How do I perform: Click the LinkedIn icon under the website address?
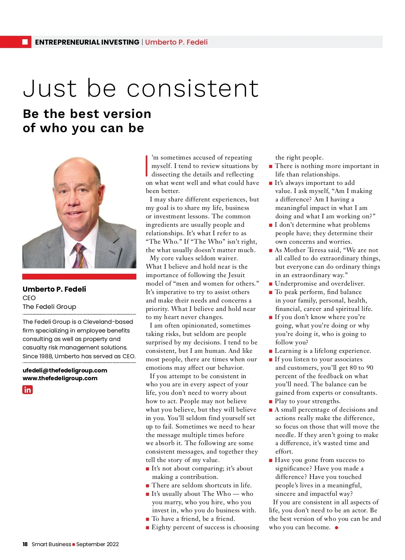[x=27, y=390]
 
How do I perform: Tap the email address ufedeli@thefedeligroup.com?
[x=65, y=370]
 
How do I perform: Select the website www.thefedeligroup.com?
[x=60, y=378]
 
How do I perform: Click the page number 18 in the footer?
[x=25, y=544]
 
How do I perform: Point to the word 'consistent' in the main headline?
[x=193, y=89]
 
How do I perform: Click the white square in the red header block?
[x=25, y=42]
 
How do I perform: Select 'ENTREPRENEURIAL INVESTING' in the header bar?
[x=87, y=42]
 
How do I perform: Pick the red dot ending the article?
[x=336, y=528]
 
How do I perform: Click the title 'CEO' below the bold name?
[x=29, y=298]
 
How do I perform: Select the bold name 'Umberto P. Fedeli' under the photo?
[x=54, y=289]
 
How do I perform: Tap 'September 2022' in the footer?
[x=98, y=544]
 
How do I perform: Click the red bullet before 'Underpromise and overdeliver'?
[x=271, y=284]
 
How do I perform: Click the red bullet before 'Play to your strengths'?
[x=271, y=401]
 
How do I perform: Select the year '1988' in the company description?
[x=46, y=356]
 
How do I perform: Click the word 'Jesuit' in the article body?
[x=236, y=275]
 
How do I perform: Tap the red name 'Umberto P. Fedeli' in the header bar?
[x=176, y=42]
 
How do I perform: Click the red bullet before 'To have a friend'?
[x=147, y=519]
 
